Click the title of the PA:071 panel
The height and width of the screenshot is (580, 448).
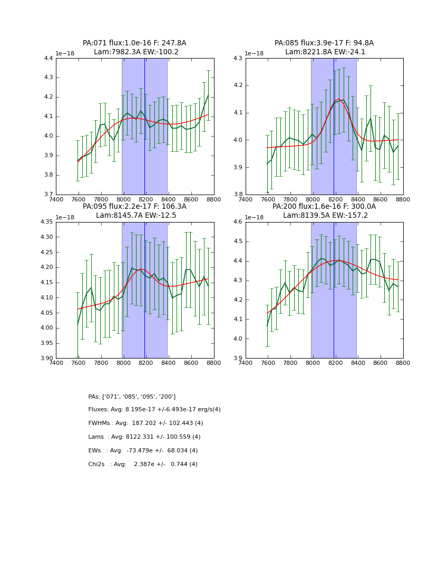134,47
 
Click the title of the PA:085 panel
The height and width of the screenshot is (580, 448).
324,47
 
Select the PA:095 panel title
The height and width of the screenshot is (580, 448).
134,211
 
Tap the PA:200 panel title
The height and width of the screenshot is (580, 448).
324,211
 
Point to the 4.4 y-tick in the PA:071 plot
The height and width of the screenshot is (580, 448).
48,59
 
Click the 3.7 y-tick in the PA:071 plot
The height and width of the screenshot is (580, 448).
48,195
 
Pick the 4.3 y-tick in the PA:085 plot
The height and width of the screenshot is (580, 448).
238,59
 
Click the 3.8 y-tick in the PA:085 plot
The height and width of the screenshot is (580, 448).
238,195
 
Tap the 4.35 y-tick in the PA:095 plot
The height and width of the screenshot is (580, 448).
47,222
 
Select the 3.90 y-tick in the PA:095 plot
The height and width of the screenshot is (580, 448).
47,359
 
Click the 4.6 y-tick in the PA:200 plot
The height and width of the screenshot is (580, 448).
238,222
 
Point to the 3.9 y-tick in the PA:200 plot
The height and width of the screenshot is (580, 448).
238,359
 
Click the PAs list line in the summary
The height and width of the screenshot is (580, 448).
132,397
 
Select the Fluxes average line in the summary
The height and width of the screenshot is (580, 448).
154,410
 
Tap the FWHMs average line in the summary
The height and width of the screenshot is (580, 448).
145,423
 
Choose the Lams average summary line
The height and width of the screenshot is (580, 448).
144,437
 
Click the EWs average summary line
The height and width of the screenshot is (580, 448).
143,451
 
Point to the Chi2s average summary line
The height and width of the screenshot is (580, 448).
143,465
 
